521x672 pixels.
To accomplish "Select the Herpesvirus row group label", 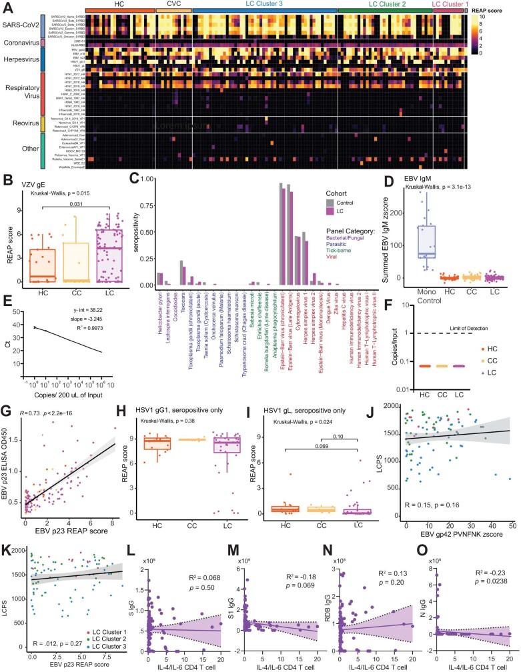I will click(x=19, y=59).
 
